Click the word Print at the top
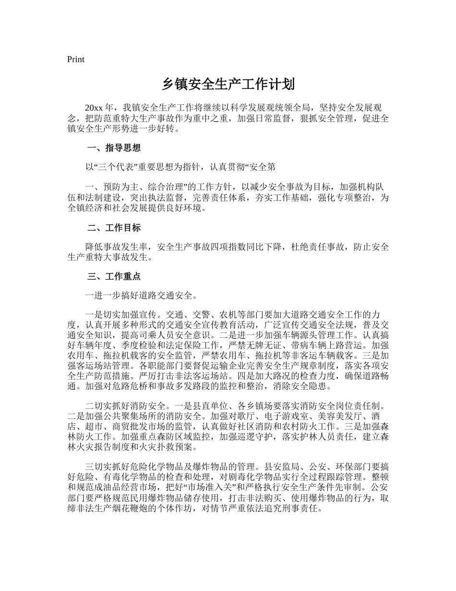[x=76, y=60]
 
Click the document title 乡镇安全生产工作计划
[x=228, y=85]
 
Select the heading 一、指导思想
[x=114, y=148]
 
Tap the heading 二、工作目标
[x=114, y=228]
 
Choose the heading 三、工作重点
[x=114, y=277]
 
